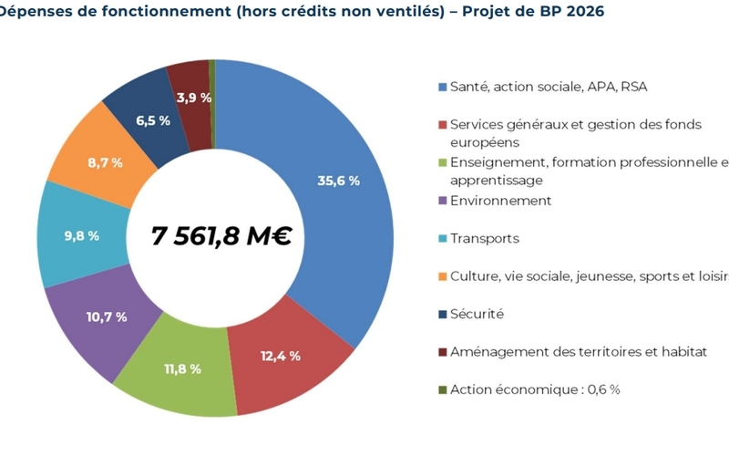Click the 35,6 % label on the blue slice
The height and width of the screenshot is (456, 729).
click(x=337, y=181)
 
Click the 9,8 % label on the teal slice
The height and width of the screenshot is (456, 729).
click(x=81, y=236)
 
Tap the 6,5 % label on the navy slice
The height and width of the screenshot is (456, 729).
click(x=152, y=120)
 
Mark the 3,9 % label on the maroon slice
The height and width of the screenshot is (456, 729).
click(x=193, y=98)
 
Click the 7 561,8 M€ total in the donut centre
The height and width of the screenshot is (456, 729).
click(x=221, y=237)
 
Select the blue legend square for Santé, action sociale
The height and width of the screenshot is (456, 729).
click(x=443, y=88)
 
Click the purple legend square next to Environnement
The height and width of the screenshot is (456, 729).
click(x=443, y=201)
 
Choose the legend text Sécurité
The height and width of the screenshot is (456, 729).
click(x=477, y=314)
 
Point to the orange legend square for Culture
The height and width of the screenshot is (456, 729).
click(x=443, y=276)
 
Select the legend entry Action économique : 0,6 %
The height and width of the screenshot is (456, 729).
click(x=535, y=389)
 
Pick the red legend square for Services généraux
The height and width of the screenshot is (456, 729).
click(x=443, y=125)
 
